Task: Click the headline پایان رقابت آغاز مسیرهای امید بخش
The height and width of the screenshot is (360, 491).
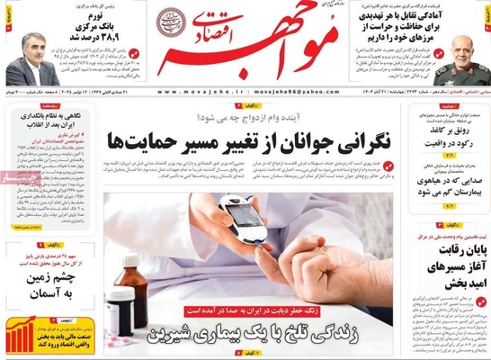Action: coord(445,261)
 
